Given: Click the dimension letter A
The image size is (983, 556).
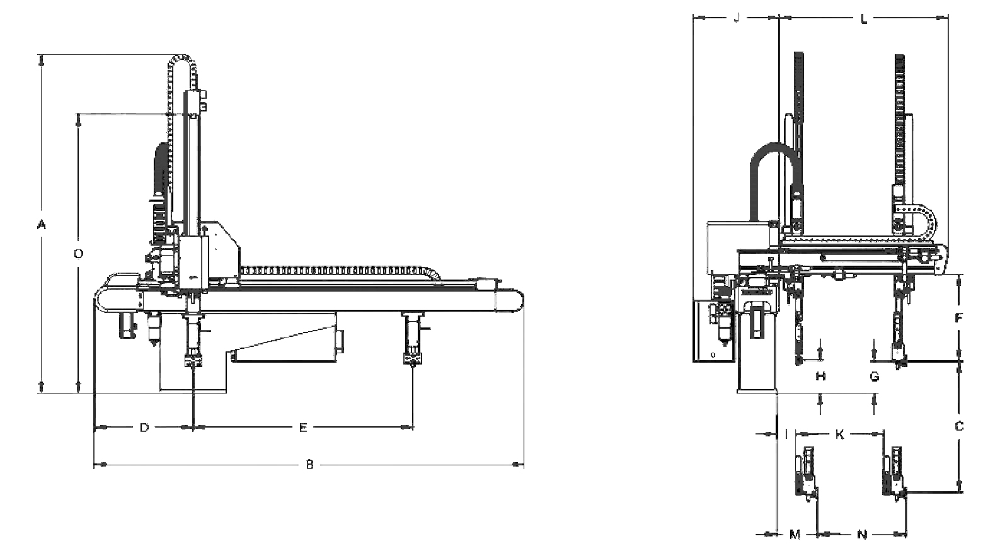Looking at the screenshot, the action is (x=41, y=225).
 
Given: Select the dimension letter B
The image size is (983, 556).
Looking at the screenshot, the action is (x=310, y=464).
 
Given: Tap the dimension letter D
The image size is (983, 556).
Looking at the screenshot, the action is (x=144, y=427).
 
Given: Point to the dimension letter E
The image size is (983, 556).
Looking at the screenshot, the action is (x=303, y=427).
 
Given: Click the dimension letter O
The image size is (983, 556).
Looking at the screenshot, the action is (x=79, y=254).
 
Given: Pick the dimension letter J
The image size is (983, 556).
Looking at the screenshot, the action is (x=737, y=18).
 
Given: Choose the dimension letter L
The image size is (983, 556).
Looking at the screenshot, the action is (x=864, y=19).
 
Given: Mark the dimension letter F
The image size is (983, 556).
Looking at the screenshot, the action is (x=959, y=318).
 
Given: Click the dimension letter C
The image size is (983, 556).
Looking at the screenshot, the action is (x=959, y=426).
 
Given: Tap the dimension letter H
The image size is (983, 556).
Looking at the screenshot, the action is (x=820, y=376).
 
